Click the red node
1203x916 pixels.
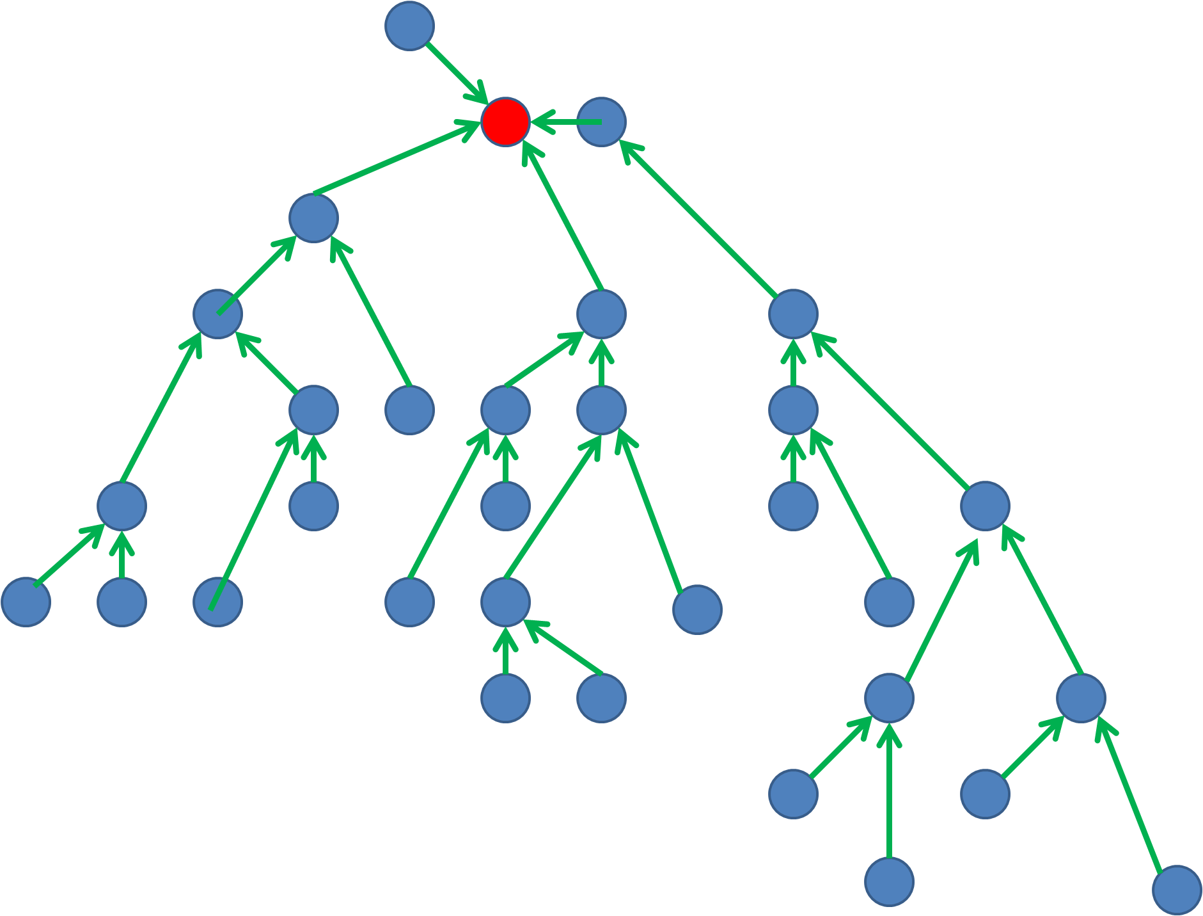click(505, 122)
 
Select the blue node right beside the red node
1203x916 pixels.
click(601, 122)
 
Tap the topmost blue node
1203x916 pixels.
click(409, 26)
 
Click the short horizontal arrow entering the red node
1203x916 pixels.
click(566, 122)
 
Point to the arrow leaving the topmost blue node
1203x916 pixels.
click(455, 72)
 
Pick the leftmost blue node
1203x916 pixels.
click(26, 602)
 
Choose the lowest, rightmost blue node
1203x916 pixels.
click(1177, 890)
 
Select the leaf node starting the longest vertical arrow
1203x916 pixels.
click(889, 882)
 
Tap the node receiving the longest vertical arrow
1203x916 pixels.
click(889, 698)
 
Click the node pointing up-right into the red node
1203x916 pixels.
click(313, 218)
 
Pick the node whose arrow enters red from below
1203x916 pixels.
click(601, 314)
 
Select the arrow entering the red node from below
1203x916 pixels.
click(563, 218)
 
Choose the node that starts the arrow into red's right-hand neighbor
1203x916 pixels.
click(793, 314)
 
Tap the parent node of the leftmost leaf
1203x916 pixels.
click(122, 506)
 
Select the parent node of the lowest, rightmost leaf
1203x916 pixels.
click(1081, 698)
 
